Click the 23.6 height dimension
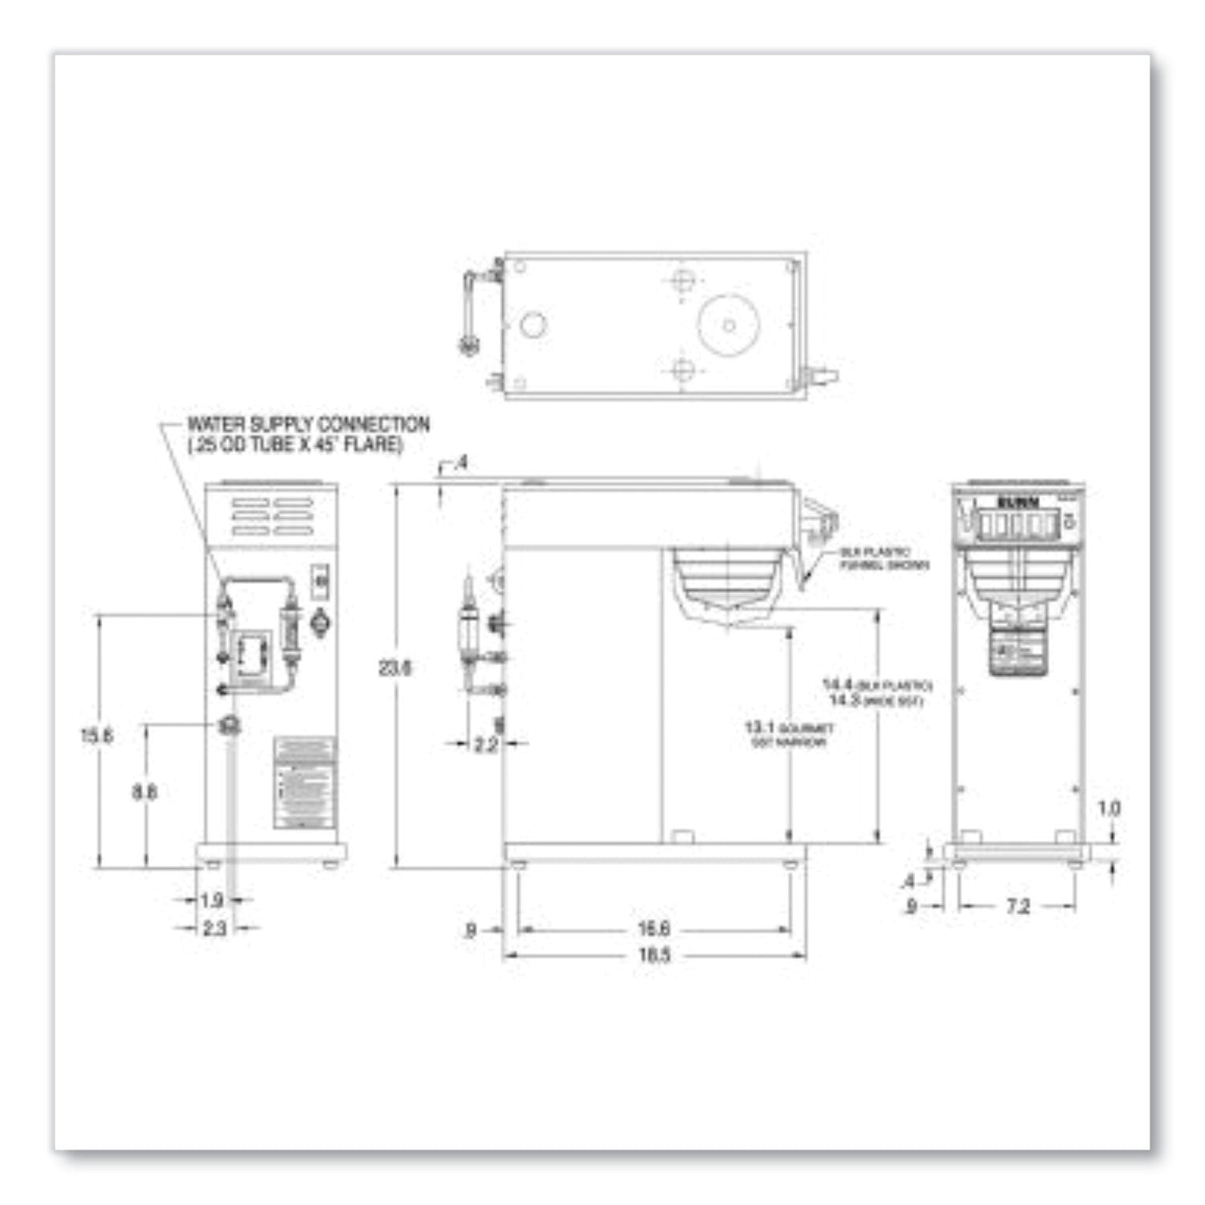[394, 668]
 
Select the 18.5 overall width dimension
[655, 956]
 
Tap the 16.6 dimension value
[654, 929]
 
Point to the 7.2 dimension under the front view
[1017, 907]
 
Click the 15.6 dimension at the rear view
[96, 735]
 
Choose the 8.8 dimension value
[145, 792]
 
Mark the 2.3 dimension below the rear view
[214, 929]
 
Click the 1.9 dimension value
[211, 901]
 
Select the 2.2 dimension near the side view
[485, 745]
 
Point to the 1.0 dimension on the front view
[1109, 808]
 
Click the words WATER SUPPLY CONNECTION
[308, 424]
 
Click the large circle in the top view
[729, 325]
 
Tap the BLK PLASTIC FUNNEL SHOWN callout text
[884, 559]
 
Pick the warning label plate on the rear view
[304, 783]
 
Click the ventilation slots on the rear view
[272, 517]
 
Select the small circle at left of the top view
[533, 325]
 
